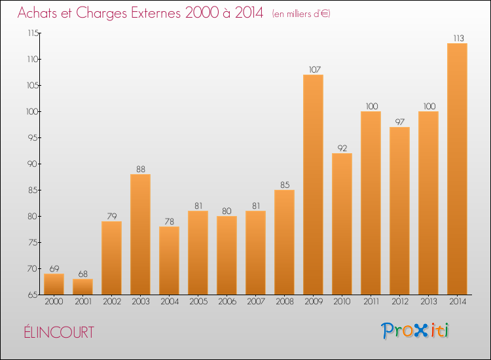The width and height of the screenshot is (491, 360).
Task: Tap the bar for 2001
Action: pyautogui.click(x=82, y=287)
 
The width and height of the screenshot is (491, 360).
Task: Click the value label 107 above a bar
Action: pyautogui.click(x=313, y=69)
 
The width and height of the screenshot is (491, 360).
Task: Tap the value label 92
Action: pyautogui.click(x=342, y=148)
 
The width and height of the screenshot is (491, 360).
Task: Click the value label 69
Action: pyautogui.click(x=54, y=268)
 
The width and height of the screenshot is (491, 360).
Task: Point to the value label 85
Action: pyautogui.click(x=284, y=185)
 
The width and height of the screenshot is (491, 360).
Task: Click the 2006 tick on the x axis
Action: pyautogui.click(x=227, y=302)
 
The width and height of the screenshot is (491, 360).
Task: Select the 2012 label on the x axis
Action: pyautogui.click(x=399, y=302)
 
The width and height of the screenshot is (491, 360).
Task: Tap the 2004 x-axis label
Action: pyautogui.click(x=169, y=302)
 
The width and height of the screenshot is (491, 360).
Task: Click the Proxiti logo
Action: pyautogui.click(x=416, y=331)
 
